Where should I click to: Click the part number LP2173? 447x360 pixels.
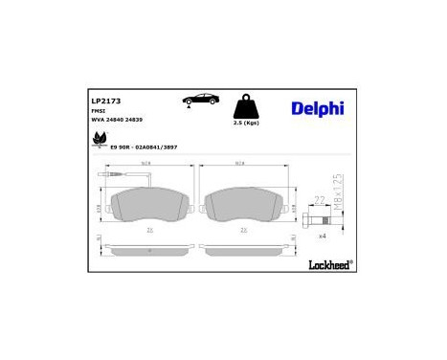[105, 100]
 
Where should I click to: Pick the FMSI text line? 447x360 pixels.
[98, 112]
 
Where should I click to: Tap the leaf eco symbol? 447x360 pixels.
[97, 141]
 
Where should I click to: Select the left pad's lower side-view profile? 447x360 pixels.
[149, 251]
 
